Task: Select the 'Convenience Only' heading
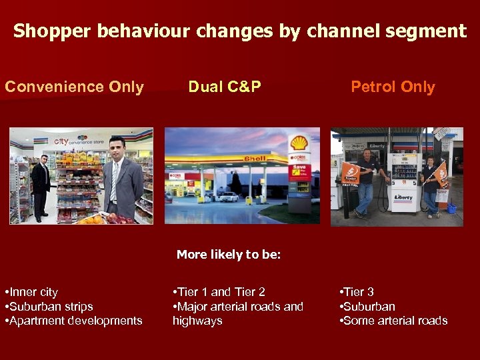74,87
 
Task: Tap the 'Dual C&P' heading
225,87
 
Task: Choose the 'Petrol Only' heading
393,87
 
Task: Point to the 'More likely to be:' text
229,255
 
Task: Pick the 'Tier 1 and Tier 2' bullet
219,292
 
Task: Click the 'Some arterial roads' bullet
394,321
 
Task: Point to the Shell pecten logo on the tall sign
299,143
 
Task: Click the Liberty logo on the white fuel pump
404,197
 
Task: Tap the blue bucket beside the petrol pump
451,208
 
